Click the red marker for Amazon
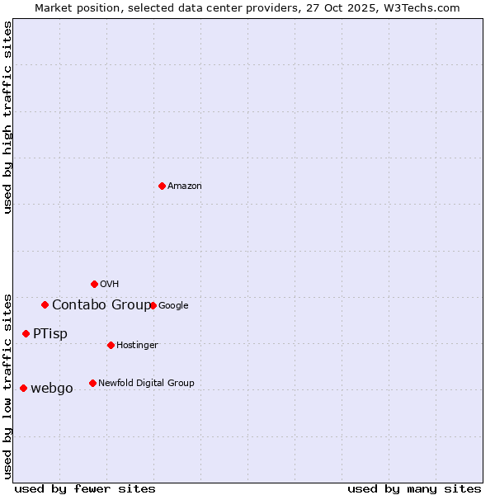pyautogui.click(x=162, y=186)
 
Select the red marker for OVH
pyautogui.click(x=94, y=284)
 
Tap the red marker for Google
pyautogui.click(x=153, y=305)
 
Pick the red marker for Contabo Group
pyautogui.click(x=45, y=304)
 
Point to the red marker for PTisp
pyautogui.click(x=26, y=333)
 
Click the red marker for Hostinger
pyautogui.click(x=111, y=345)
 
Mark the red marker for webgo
pyautogui.click(x=23, y=388)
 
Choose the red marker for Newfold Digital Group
pyautogui.click(x=92, y=383)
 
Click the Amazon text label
pyautogui.click(x=185, y=186)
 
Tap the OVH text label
pyautogui.click(x=110, y=285)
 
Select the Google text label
pyautogui.click(x=173, y=306)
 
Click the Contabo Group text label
pyautogui.click(x=101, y=305)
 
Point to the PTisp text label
pyautogui.click(x=50, y=334)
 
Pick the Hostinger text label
pyautogui.click(x=137, y=346)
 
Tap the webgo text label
pyautogui.click(x=52, y=389)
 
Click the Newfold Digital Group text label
pyautogui.click(x=146, y=384)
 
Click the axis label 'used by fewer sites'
pyautogui.click(x=85, y=488)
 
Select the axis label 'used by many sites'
pyautogui.click(x=414, y=488)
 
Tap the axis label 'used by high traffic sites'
pyautogui.click(x=8, y=117)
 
